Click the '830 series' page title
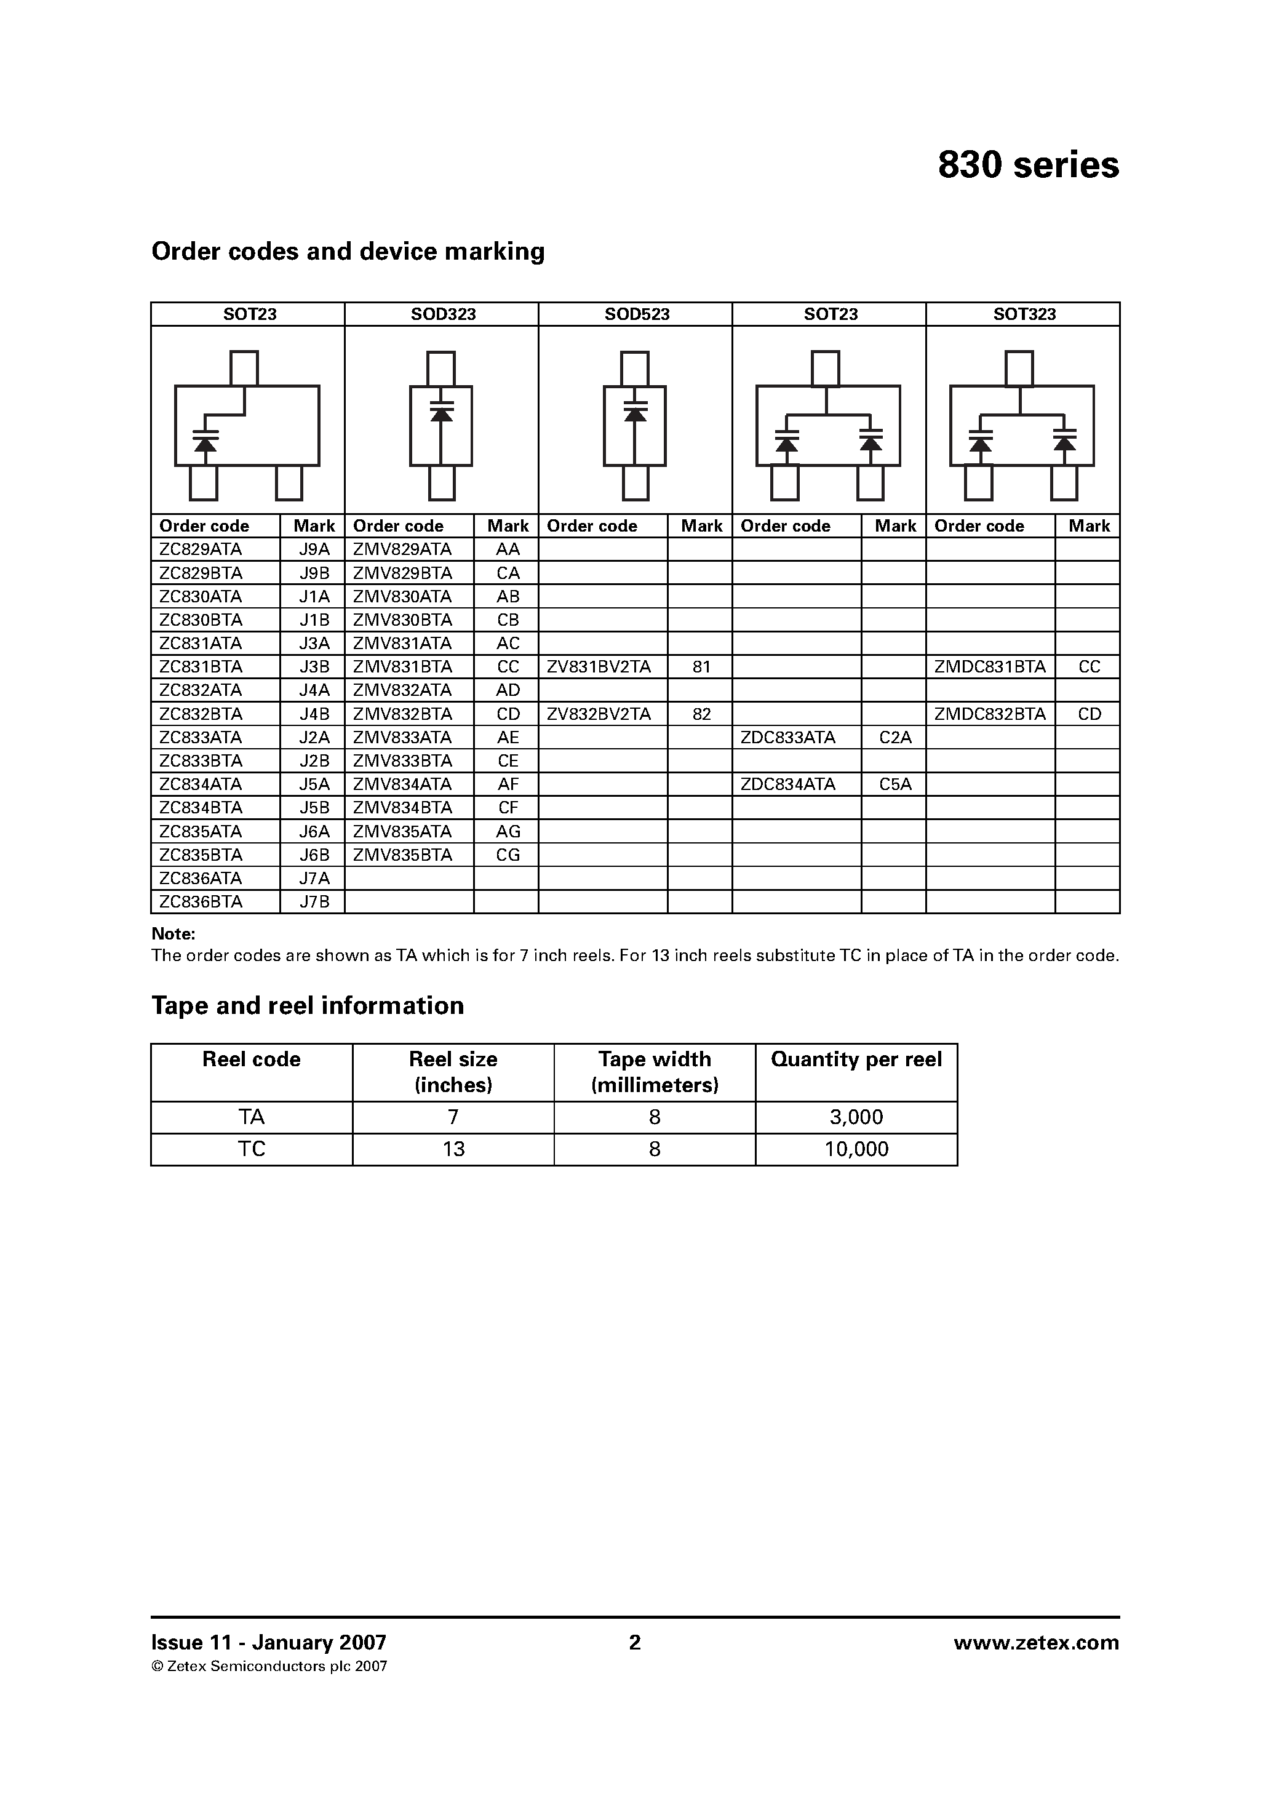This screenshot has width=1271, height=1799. [x=1028, y=166]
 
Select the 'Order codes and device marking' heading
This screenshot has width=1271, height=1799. [x=348, y=252]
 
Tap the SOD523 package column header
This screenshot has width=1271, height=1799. [x=636, y=314]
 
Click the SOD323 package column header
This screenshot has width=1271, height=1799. [x=443, y=314]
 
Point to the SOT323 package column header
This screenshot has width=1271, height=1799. [x=1024, y=314]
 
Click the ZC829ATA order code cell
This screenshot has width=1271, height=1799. [x=201, y=549]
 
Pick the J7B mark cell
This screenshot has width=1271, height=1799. [x=314, y=902]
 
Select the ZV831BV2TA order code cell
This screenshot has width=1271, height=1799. [x=599, y=667]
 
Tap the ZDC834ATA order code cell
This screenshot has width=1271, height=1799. [x=788, y=784]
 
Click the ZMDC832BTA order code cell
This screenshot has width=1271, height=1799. [x=990, y=714]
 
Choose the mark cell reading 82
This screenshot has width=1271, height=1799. [x=701, y=714]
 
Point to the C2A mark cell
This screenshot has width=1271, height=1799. [x=895, y=737]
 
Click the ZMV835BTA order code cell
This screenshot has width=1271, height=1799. [x=403, y=855]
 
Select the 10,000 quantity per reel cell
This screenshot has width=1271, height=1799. [x=856, y=1149]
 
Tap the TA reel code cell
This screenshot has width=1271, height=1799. [x=252, y=1117]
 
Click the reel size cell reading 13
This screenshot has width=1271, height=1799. [x=453, y=1149]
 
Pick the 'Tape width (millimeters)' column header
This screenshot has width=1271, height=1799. [x=655, y=1072]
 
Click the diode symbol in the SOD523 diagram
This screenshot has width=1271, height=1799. [x=635, y=412]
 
